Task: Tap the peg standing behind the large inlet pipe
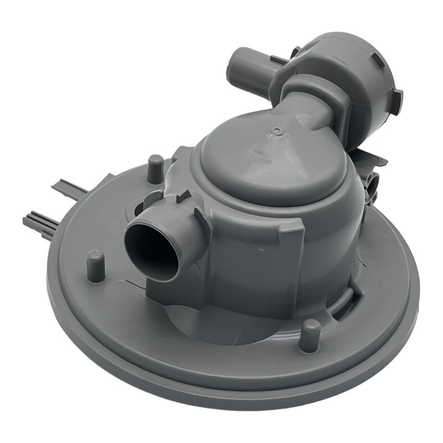pos(156,167)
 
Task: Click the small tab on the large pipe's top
pos(183,197)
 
